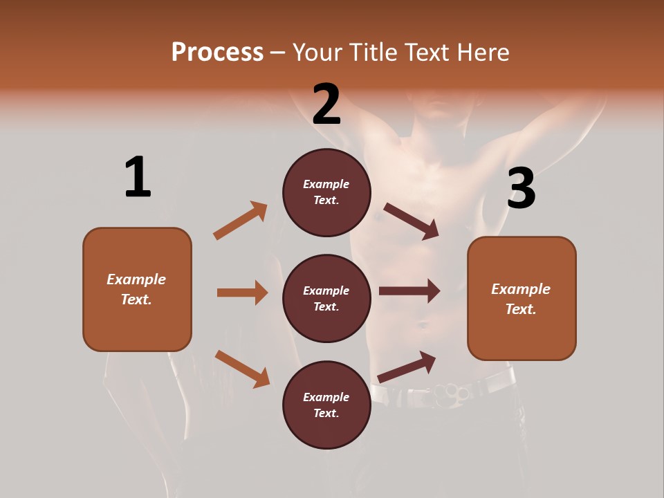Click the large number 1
coord(138,178)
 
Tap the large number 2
coord(326,104)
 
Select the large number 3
coord(522,189)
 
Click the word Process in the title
coord(217,52)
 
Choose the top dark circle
coord(326,192)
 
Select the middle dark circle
coord(326,298)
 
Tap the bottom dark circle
coord(326,405)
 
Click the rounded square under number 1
coord(137,289)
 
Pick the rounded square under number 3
coord(522,299)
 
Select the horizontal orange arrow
coord(242,293)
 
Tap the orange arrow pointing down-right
coord(242,368)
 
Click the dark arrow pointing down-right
coord(412,221)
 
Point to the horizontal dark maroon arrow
coord(409,291)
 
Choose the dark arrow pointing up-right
coord(407,367)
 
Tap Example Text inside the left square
coord(136,289)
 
